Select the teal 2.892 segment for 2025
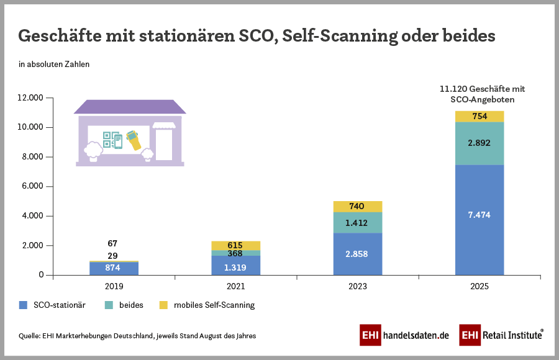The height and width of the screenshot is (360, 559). click(x=479, y=143)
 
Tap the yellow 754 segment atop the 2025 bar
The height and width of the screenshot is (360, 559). click(x=479, y=116)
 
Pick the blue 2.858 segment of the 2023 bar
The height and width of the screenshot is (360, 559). click(x=357, y=254)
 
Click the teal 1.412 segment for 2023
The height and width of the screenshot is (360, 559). click(x=357, y=222)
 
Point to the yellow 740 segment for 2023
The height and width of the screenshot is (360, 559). click(x=357, y=206)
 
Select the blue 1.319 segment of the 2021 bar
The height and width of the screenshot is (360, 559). click(x=235, y=265)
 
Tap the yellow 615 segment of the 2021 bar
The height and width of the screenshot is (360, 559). click(x=235, y=246)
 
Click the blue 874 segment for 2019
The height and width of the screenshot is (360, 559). click(x=114, y=268)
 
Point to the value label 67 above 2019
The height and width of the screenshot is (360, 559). click(x=112, y=243)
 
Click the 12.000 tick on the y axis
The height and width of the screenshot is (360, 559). click(x=30, y=98)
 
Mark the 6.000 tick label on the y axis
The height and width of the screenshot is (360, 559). click(x=32, y=186)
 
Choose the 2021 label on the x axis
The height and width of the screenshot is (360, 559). click(x=235, y=287)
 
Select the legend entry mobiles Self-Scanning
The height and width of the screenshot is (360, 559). click(x=207, y=305)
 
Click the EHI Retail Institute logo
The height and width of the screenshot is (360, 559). click(x=501, y=335)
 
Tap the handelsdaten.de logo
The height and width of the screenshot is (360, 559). click(x=404, y=335)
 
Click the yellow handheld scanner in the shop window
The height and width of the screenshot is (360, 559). click(x=133, y=140)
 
